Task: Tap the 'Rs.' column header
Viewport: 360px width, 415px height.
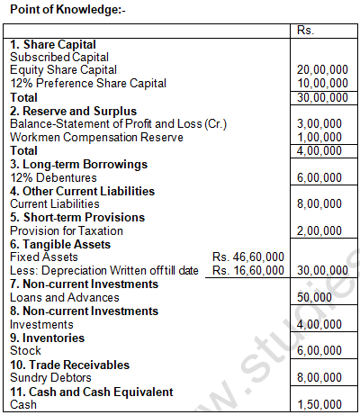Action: coord(306,31)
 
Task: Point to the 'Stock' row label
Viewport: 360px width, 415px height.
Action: coord(25,350)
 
